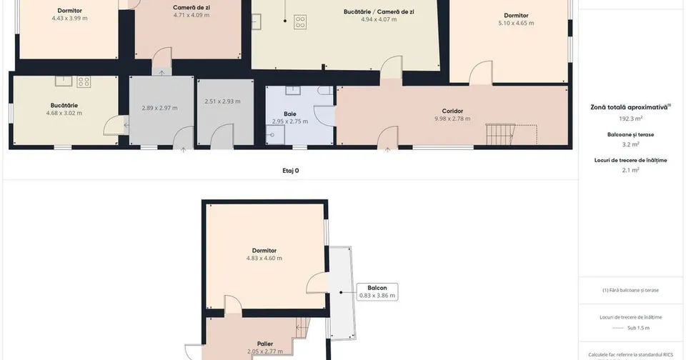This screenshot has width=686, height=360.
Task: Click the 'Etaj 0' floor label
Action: [291, 171]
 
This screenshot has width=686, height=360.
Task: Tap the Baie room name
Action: [289, 114]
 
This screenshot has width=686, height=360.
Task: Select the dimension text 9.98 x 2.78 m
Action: [452, 119]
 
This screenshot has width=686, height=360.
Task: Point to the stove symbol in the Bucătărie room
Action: [84, 81]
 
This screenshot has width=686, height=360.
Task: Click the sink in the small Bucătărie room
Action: [64, 81]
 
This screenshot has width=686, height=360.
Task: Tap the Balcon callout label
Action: [377, 288]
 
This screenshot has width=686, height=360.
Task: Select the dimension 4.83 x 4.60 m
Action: [264, 258]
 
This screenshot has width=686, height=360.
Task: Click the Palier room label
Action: [265, 344]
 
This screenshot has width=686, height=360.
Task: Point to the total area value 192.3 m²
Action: [630, 119]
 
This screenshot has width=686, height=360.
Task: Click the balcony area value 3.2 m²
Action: [630, 144]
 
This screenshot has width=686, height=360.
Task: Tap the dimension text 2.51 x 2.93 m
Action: [222, 101]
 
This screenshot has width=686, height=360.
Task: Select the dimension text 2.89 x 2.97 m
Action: [159, 108]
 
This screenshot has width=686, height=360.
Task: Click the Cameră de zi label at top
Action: [192, 7]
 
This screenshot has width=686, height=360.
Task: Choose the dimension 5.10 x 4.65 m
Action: [516, 23]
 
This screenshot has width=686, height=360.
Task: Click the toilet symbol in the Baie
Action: [326, 91]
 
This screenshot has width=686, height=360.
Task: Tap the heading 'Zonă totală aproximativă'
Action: [629, 107]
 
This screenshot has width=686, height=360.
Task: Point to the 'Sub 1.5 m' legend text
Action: [638, 328]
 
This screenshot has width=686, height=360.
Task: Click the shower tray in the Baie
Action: [275, 135]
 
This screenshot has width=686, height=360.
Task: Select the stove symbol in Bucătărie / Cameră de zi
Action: [300, 22]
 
